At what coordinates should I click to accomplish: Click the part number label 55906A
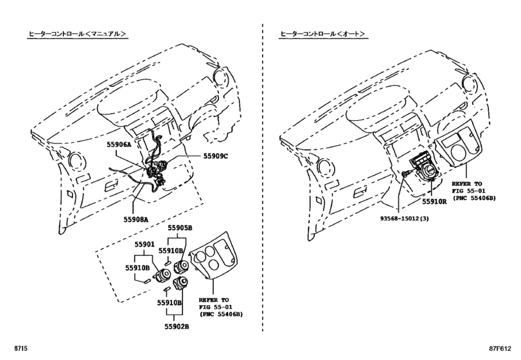119,145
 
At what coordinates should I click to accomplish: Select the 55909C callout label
216,156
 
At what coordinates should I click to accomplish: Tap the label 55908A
136,219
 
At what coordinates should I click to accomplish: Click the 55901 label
145,245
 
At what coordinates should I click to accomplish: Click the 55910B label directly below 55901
138,267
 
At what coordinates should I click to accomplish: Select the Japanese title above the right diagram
322,33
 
